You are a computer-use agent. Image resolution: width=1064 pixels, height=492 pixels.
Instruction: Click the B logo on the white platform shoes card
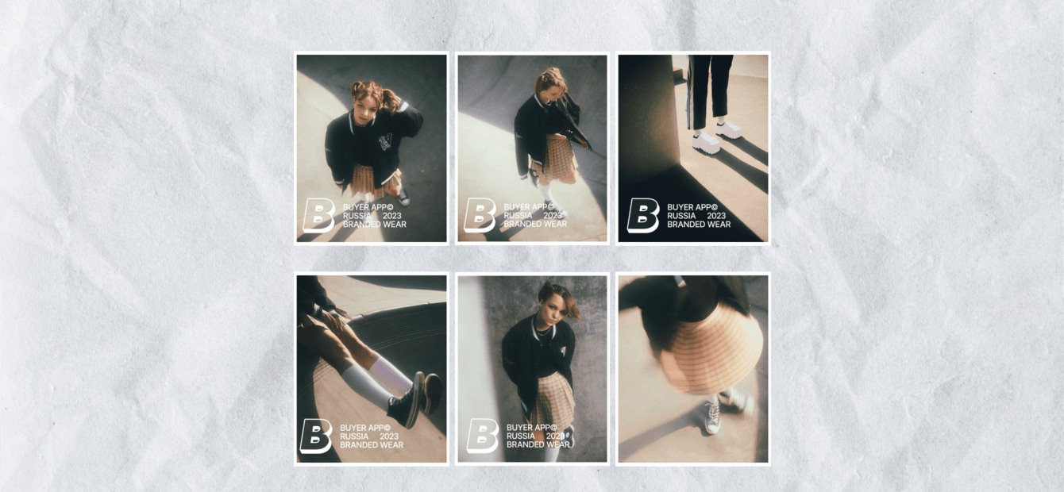click(643, 215)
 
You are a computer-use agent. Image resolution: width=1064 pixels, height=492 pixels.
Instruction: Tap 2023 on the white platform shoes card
click(716, 216)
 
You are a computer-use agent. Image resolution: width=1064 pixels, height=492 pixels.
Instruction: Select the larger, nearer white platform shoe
click(706, 143)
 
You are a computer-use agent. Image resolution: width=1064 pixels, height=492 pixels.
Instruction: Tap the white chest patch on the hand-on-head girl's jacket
click(386, 141)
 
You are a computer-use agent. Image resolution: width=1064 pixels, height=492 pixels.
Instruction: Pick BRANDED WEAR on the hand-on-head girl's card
click(374, 224)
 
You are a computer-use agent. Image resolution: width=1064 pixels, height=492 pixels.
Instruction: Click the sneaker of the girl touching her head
click(403, 197)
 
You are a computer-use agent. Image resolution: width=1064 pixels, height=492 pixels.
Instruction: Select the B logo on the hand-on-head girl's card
click(318, 215)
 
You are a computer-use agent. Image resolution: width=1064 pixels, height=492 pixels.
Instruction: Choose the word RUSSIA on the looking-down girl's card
click(518, 216)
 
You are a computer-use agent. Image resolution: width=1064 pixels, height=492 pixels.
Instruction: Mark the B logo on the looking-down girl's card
click(480, 215)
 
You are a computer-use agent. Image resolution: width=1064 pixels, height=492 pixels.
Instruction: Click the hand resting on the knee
click(335, 320)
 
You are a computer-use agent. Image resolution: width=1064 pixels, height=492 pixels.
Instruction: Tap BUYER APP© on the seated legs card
click(364, 428)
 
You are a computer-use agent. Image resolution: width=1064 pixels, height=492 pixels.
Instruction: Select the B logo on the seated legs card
click(316, 436)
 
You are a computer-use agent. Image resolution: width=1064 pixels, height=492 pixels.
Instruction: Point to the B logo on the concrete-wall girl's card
click(483, 436)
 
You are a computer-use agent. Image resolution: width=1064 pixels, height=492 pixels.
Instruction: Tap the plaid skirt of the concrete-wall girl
click(552, 398)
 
